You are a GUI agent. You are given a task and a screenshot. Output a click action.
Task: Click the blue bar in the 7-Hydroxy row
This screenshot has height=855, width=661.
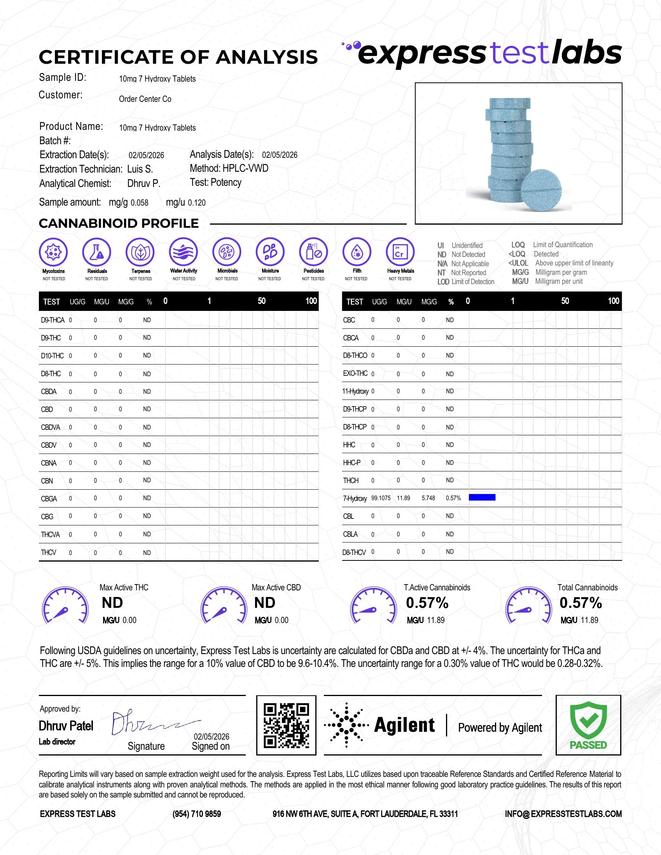(x=482, y=497)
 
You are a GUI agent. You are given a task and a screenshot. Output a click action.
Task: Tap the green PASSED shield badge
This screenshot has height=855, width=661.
(x=588, y=725)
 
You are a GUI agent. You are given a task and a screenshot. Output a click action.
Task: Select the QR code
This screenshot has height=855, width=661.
(x=286, y=726)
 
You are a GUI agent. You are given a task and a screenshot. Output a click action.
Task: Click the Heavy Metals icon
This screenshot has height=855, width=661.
(x=400, y=252)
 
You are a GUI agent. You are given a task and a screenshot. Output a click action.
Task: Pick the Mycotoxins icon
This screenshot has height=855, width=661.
(x=53, y=252)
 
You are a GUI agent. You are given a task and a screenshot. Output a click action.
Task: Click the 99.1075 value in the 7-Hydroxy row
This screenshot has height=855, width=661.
(x=381, y=498)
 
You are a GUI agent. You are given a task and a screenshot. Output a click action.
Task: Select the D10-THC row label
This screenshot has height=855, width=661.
(x=52, y=356)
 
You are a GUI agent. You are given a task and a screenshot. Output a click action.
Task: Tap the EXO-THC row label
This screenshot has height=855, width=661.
(x=355, y=373)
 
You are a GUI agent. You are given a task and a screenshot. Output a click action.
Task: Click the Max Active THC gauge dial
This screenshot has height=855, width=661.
(x=65, y=605)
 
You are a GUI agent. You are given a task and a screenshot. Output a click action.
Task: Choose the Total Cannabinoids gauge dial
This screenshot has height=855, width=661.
(x=528, y=605)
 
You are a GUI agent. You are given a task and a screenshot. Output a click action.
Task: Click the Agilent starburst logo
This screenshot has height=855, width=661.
(x=346, y=725)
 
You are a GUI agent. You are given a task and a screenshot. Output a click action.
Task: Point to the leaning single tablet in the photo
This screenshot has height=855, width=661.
(x=542, y=190)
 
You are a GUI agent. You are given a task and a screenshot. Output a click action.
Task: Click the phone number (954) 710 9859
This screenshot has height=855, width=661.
(x=197, y=814)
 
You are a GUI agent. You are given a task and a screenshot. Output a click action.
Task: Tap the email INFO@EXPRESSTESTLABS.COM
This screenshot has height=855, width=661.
(x=563, y=814)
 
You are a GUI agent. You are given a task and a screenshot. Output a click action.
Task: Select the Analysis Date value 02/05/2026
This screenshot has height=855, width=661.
(x=280, y=155)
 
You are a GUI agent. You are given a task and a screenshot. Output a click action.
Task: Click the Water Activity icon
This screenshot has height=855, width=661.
(x=183, y=252)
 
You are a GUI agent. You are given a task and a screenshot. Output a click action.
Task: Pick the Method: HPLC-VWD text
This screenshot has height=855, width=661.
(x=229, y=168)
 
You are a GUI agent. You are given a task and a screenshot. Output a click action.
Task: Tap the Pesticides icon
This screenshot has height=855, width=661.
(x=313, y=252)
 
